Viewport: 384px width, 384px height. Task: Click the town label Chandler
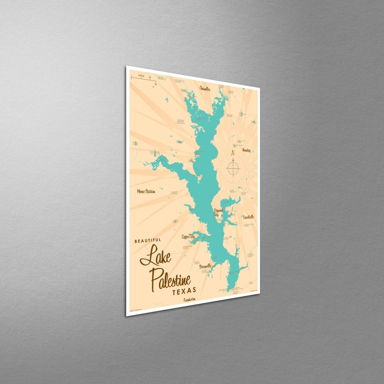pyautogui.click(x=205, y=88)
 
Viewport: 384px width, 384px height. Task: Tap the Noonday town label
pyautogui.click(x=246, y=150)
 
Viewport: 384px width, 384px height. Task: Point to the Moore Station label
pyautogui.click(x=146, y=191)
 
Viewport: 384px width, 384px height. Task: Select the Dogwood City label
pyautogui.click(x=218, y=213)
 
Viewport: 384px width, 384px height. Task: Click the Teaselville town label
pyautogui.click(x=249, y=217)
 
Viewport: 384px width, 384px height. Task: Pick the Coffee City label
pyautogui.click(x=188, y=236)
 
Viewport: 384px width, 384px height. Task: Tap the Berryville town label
pyautogui.click(x=206, y=266)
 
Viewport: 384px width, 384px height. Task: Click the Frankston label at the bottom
pyautogui.click(x=190, y=300)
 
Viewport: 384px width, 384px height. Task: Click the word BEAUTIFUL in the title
pyautogui.click(x=148, y=241)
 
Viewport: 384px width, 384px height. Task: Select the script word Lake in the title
pyautogui.click(x=155, y=257)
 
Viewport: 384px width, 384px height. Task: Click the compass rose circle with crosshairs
pyautogui.click(x=233, y=168)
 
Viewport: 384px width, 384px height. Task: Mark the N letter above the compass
pyautogui.click(x=233, y=154)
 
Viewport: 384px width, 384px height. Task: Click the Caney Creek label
pyautogui.click(x=174, y=192)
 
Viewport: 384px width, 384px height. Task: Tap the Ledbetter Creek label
pyautogui.click(x=187, y=246)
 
